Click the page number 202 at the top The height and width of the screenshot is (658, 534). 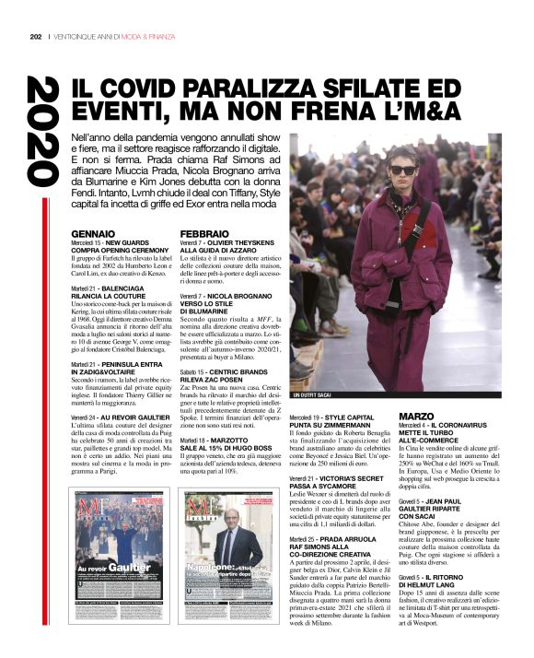[x=36, y=37]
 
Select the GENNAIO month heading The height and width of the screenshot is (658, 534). [x=94, y=234]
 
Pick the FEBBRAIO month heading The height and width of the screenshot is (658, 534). [x=205, y=234]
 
